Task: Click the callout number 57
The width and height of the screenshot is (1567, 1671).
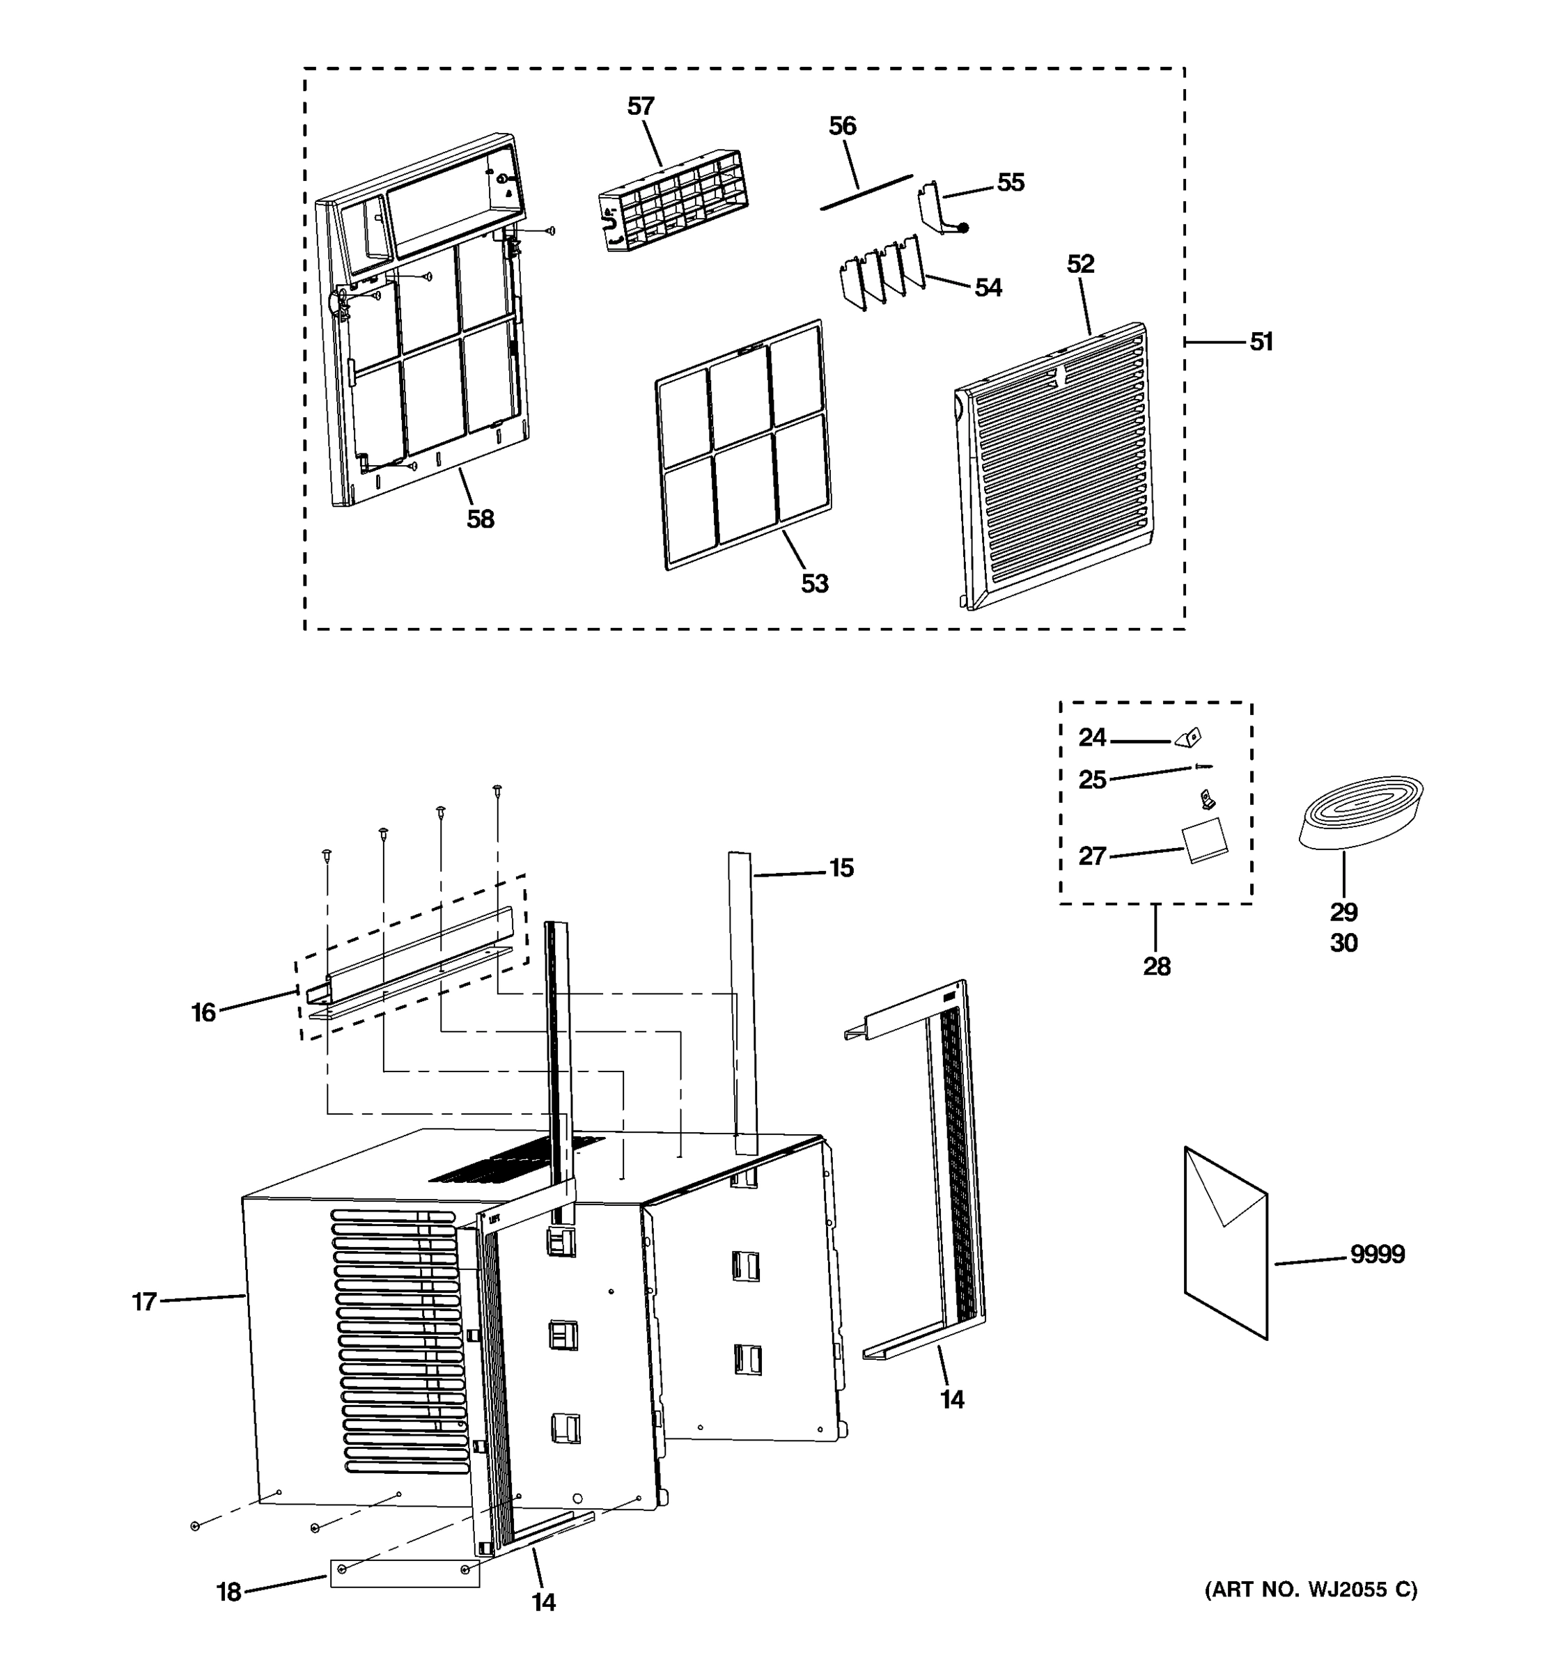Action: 640,107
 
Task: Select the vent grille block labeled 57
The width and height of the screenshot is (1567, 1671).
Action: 671,200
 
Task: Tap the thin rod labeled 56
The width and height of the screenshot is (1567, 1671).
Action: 866,192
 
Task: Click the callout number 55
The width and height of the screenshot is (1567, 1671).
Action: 1011,183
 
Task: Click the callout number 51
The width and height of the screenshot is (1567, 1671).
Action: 1260,342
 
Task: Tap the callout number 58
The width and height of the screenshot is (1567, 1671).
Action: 480,519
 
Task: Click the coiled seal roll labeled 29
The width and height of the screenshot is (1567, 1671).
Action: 1360,811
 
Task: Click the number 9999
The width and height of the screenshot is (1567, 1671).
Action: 1377,1254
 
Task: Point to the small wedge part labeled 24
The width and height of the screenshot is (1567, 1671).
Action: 1189,738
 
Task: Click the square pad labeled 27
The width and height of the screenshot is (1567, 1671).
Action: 1204,841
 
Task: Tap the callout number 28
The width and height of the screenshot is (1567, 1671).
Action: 1156,966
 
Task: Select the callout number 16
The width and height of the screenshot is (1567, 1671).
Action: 203,1013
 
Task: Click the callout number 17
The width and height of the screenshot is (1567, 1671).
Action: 143,1302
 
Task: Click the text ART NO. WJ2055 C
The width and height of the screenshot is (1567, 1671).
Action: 1311,1590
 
